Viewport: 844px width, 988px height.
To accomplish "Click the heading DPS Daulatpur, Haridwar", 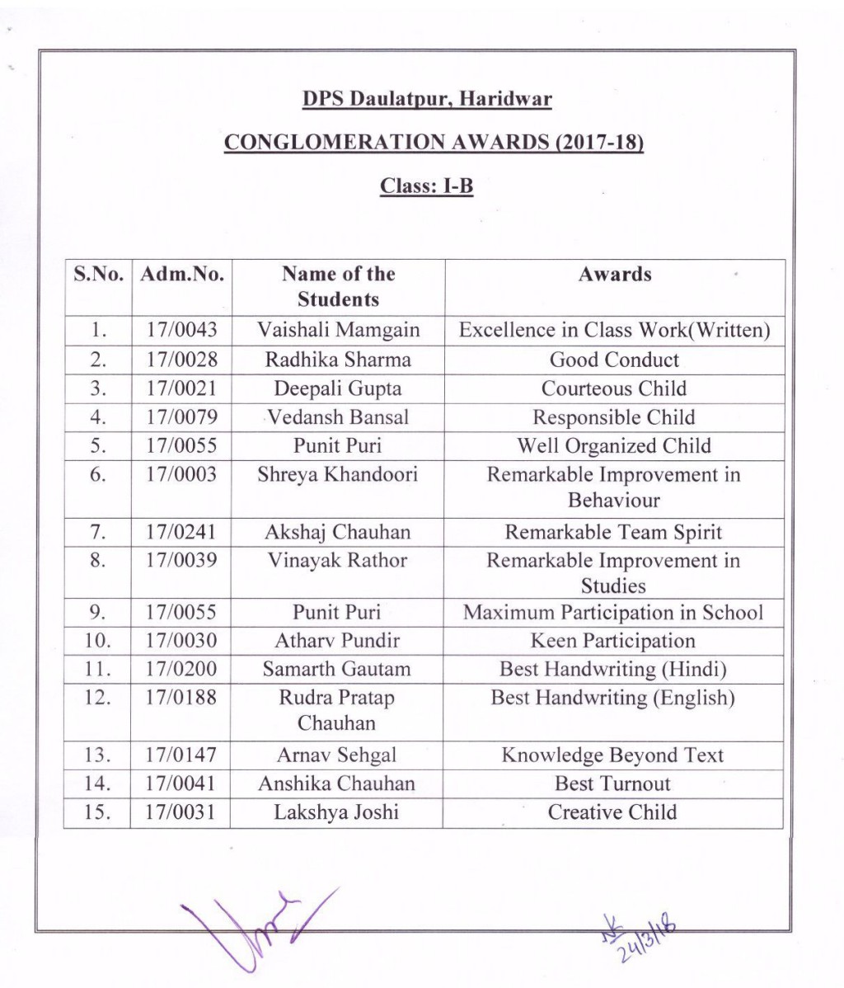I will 427,100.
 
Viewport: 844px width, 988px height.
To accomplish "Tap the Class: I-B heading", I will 426,186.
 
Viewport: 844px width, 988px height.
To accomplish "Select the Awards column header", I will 614,275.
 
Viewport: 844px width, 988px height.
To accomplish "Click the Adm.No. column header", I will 182,275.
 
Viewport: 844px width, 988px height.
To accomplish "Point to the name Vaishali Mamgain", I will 338,331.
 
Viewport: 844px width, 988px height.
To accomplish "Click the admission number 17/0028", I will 182,360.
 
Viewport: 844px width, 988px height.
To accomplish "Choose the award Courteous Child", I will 614,388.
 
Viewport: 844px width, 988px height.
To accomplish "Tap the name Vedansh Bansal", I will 338,417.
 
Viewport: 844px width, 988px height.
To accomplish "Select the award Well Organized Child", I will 614,446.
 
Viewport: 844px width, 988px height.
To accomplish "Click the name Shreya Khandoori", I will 338,475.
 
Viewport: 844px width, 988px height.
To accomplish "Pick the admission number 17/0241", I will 182,533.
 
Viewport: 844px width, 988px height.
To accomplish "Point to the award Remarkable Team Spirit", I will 614,533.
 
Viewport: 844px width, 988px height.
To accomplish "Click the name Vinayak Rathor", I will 338,561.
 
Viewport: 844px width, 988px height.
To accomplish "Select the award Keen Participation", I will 614,641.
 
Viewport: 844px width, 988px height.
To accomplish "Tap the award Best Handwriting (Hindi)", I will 614,669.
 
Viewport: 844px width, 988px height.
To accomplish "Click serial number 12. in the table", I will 97,698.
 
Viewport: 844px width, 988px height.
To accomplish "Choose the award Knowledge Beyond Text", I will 614,755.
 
